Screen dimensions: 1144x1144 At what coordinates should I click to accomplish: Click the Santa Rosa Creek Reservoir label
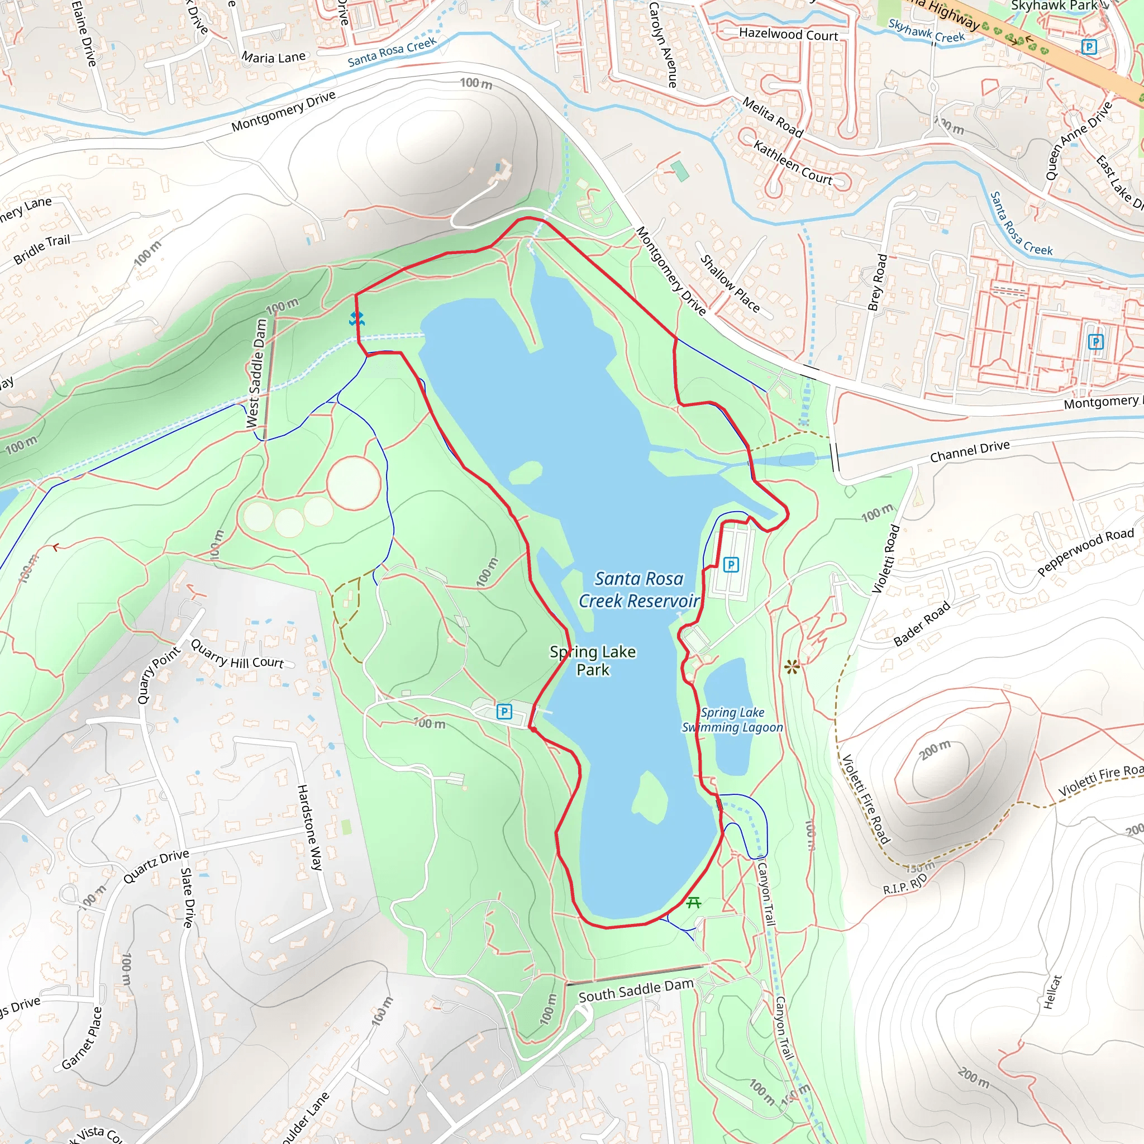[638, 589]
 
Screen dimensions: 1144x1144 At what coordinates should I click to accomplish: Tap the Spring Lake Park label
[593, 660]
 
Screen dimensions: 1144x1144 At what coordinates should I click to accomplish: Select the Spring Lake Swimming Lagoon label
[732, 720]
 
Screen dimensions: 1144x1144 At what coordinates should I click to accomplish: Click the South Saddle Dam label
[635, 990]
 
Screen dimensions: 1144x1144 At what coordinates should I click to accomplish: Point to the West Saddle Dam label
[256, 373]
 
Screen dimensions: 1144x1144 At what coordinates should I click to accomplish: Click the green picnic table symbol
[694, 903]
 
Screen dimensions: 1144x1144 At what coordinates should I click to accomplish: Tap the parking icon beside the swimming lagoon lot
[731, 564]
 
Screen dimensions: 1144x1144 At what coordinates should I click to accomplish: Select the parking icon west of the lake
[504, 711]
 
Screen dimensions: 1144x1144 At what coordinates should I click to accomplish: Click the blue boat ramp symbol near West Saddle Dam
[356, 319]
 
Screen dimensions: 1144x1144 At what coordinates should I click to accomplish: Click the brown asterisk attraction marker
[792, 668]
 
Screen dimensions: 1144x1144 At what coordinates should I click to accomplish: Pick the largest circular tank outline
[354, 483]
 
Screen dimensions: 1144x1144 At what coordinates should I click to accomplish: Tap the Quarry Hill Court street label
[237, 655]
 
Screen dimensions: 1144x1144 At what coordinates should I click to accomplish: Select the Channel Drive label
[969, 451]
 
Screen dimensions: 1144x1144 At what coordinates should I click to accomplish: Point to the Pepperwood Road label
[1085, 551]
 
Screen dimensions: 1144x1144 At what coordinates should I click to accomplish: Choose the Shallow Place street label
[730, 284]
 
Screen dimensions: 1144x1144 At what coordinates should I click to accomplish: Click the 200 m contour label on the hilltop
[935, 750]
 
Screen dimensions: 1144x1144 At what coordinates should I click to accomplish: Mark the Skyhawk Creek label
[926, 31]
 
